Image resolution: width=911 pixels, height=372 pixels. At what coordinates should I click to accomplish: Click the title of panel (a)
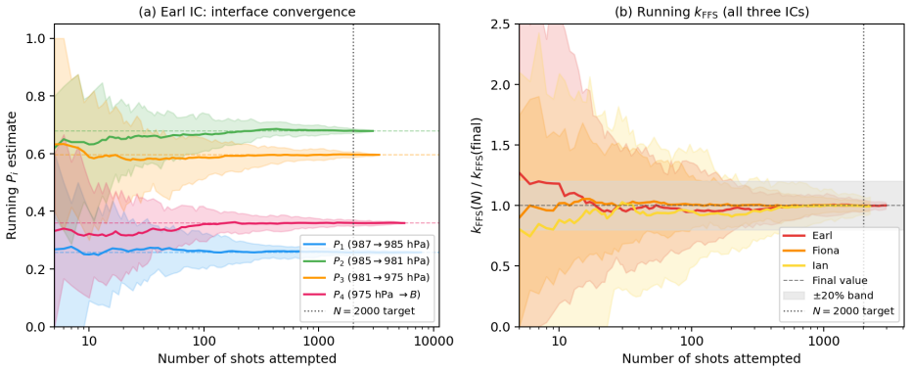click(247, 11)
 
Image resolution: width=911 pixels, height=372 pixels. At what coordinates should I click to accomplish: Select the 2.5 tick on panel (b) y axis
click(503, 24)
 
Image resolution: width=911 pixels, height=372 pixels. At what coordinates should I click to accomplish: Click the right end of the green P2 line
click(373, 131)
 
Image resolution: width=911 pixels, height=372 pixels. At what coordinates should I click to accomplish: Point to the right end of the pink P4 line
click(405, 222)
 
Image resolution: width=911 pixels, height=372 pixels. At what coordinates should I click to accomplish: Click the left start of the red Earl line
click(520, 172)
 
